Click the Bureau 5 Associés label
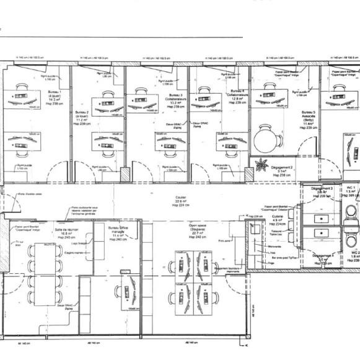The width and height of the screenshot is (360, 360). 310,118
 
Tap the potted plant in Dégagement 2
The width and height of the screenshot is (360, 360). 261,165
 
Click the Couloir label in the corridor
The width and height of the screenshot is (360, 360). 180,200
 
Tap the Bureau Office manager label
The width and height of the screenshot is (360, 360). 118,231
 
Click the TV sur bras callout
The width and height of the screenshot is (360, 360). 19,242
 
